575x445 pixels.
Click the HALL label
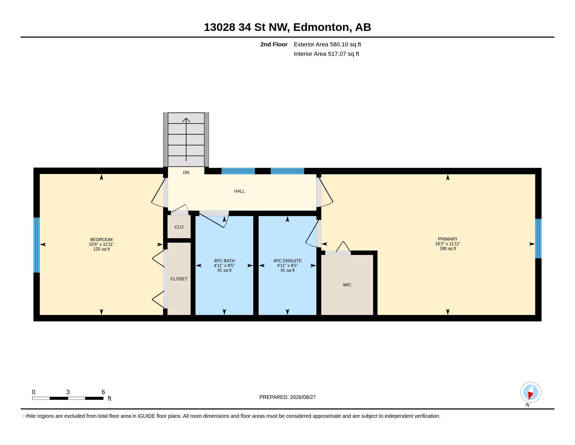[x=239, y=191]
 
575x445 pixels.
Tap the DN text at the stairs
[x=186, y=173]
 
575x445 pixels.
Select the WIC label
[x=347, y=285]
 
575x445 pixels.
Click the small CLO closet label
[x=179, y=227]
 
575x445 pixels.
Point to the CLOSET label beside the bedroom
[x=179, y=279]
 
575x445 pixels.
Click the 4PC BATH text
[x=224, y=261]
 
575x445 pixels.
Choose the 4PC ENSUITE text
[x=287, y=261]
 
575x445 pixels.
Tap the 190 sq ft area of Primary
[x=448, y=249]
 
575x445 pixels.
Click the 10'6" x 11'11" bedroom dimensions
[x=101, y=244]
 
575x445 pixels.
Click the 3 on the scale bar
[x=68, y=392]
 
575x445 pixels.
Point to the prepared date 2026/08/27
[x=303, y=397]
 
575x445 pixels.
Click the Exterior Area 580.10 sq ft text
[x=327, y=44]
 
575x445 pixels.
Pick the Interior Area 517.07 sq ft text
[x=326, y=54]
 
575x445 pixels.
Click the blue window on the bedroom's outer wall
[x=37, y=245]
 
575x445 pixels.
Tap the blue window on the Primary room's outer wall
[x=538, y=238]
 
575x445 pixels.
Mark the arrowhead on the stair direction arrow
[x=186, y=120]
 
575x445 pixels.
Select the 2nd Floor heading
[x=274, y=44]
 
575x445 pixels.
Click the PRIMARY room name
[x=448, y=239]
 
